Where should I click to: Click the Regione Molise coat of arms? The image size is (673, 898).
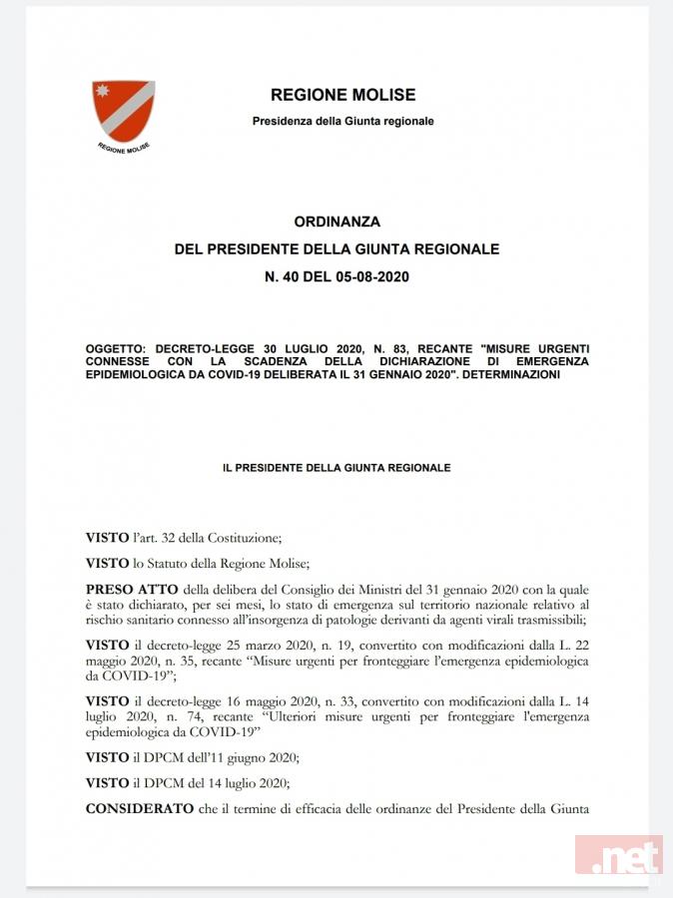coord(124,112)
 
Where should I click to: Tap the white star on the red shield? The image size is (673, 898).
coord(101,92)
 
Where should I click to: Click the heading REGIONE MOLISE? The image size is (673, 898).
coord(342,96)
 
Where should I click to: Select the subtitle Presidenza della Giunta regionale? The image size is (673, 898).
coord(342,122)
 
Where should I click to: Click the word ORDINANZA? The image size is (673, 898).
coord(336,222)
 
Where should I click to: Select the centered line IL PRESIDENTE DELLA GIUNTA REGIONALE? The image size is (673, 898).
coord(336,467)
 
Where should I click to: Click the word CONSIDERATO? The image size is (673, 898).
coord(140,806)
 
